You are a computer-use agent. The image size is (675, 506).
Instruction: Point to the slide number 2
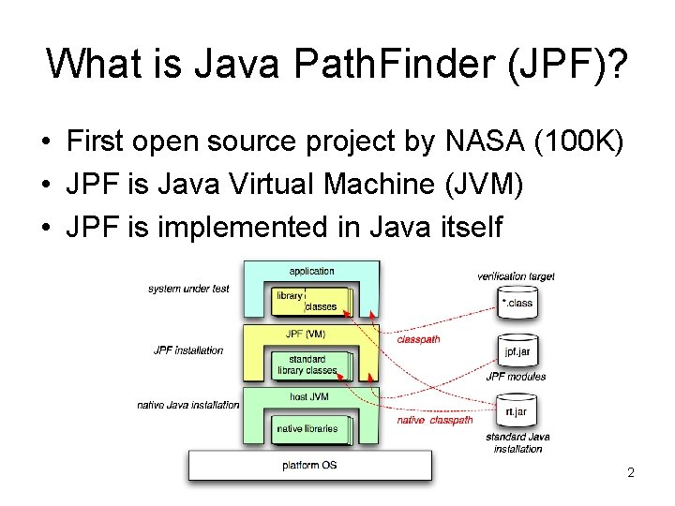631,472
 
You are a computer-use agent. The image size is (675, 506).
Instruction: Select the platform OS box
310,466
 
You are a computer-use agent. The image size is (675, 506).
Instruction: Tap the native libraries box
307,428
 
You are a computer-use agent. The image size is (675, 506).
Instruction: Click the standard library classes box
307,365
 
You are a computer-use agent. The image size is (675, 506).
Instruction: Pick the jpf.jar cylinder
517,352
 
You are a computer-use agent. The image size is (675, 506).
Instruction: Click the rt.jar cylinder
517,411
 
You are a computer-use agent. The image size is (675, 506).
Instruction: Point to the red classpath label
418,339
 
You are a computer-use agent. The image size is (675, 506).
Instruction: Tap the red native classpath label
435,421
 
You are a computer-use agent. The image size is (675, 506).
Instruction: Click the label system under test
188,289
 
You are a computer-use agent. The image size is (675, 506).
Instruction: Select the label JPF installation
188,350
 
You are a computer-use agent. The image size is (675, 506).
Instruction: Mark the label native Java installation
188,405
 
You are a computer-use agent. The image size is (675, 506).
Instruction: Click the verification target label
516,275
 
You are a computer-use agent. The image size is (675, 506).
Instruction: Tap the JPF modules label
516,377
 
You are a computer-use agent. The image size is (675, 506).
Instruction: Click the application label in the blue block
311,271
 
